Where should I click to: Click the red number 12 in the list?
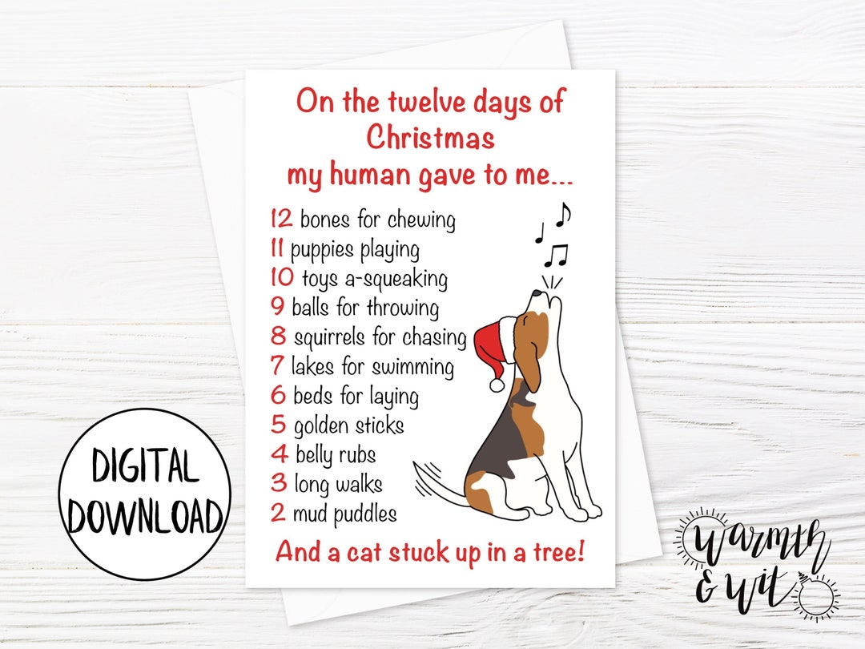[281, 219]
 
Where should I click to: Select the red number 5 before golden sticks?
[279, 425]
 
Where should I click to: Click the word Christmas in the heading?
[430, 138]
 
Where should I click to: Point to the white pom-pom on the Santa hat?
[497, 385]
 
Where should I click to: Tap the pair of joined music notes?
[556, 256]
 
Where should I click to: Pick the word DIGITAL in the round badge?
[145, 466]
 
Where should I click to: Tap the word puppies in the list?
[322, 250]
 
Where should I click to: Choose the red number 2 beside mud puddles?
[278, 513]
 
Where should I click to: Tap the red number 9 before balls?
[278, 307]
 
